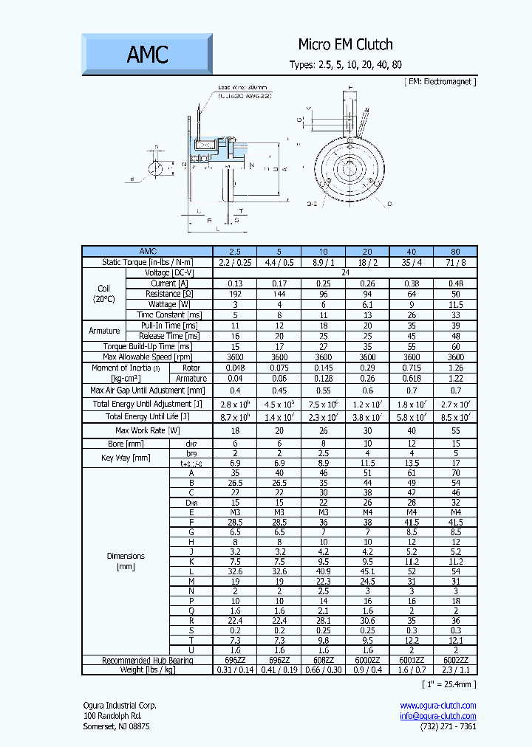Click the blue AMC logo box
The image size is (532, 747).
tap(147, 55)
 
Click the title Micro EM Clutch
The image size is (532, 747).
tap(345, 44)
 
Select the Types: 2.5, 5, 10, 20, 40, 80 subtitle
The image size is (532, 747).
tap(345, 65)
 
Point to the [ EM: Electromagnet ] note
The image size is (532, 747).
tap(440, 81)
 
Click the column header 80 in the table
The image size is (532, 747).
tap(455, 251)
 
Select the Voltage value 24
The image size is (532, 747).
tap(345, 272)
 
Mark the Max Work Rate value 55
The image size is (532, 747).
tap(455, 430)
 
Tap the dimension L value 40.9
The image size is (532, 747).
tap(323, 571)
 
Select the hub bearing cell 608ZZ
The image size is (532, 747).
tap(323, 660)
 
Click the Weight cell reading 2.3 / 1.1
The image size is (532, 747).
tap(455, 669)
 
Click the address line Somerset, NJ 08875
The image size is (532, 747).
tap(116, 726)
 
